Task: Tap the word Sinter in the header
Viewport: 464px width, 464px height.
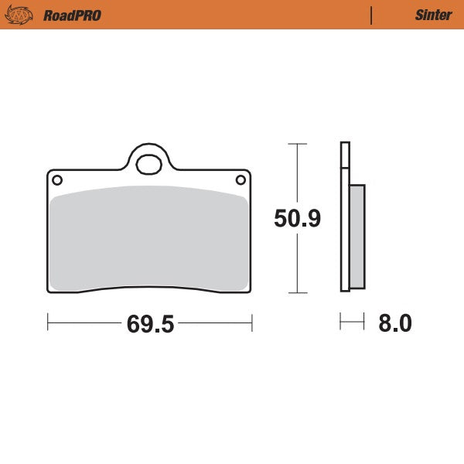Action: [433, 15]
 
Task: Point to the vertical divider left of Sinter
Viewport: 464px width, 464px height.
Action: [371, 15]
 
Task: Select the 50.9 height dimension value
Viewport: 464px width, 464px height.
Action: [297, 219]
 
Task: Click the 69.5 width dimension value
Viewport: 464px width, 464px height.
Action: [150, 323]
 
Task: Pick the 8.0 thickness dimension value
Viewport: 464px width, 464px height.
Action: [394, 323]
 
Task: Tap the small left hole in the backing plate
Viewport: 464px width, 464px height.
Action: [56, 180]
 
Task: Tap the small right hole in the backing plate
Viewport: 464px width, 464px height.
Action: [240, 180]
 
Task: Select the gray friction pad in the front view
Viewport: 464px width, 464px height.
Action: [148, 240]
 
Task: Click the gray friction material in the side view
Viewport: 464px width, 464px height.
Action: [357, 236]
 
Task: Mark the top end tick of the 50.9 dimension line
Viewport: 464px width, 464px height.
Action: [297, 144]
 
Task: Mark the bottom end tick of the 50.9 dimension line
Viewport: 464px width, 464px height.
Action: [297, 293]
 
